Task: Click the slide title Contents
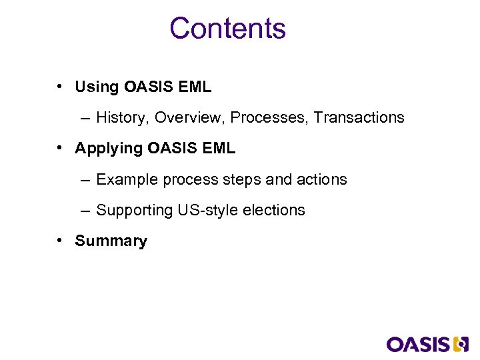click(x=227, y=29)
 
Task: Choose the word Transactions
click(x=359, y=118)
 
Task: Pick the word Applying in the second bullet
click(x=108, y=149)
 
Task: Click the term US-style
click(x=207, y=211)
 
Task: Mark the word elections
click(x=274, y=211)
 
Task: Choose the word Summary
click(x=111, y=241)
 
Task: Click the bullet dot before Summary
click(x=60, y=241)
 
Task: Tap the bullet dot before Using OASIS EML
click(x=60, y=87)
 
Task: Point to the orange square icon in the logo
click(x=461, y=344)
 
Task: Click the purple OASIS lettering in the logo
click(x=418, y=344)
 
